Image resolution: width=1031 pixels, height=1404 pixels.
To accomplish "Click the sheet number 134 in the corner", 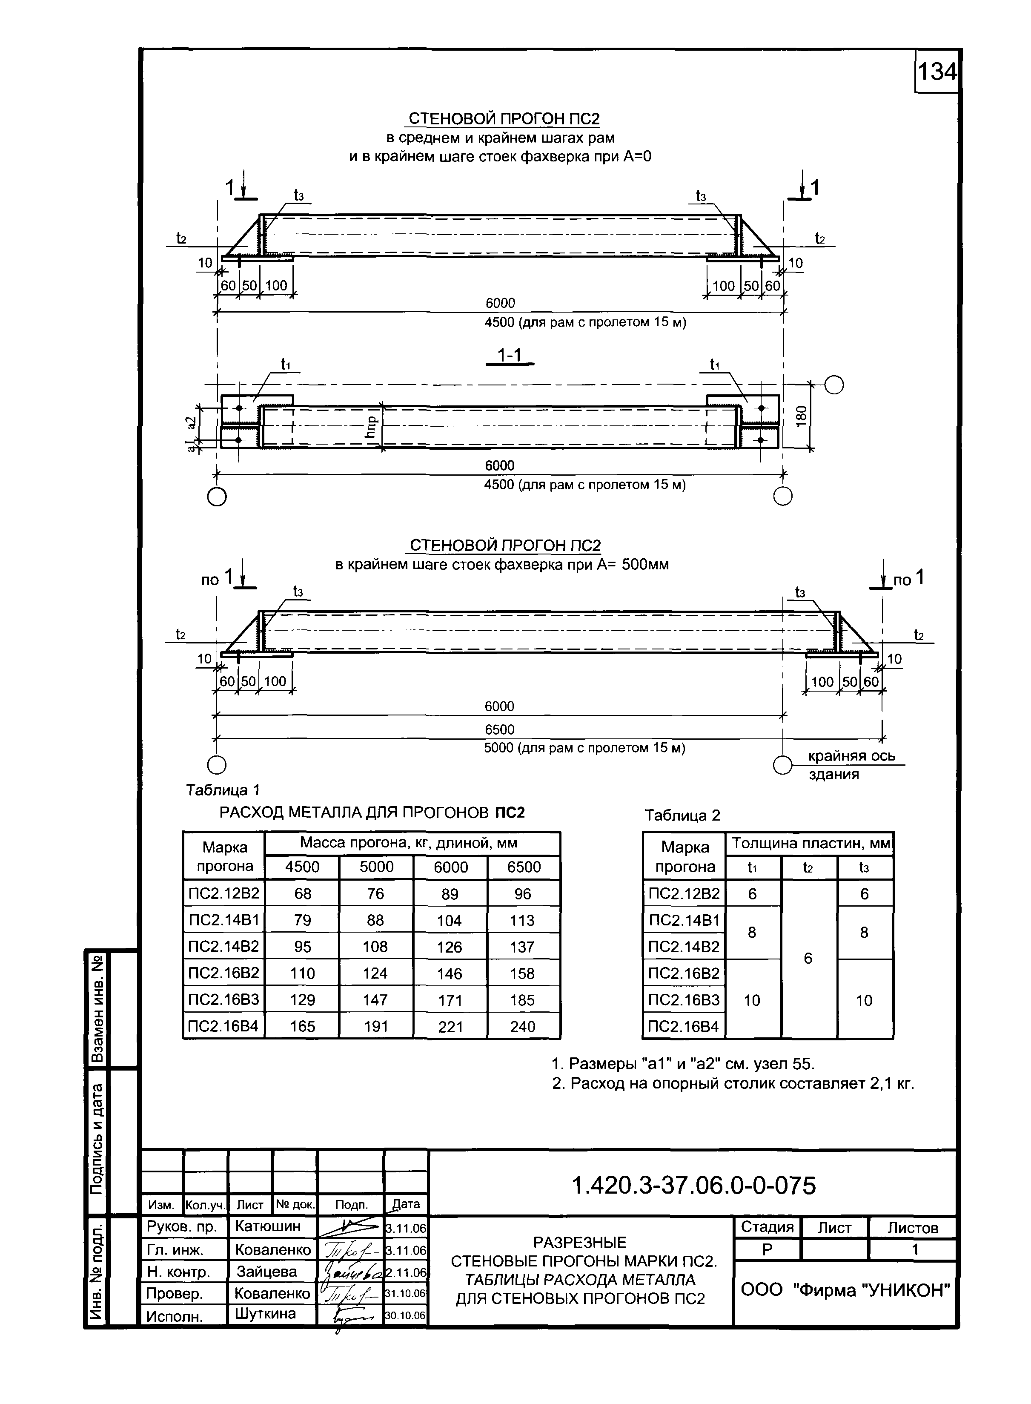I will tap(936, 72).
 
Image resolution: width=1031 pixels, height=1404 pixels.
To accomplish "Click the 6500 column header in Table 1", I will tap(523, 867).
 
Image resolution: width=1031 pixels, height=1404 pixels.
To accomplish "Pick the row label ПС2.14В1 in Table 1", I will tap(223, 920).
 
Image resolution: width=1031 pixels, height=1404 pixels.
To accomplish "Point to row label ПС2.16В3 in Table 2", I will tap(684, 1000).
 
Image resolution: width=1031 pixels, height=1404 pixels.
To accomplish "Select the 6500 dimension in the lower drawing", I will tap(499, 729).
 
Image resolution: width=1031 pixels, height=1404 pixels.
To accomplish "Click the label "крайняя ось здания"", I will tap(851, 765).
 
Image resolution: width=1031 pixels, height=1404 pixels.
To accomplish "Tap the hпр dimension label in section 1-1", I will tap(372, 427).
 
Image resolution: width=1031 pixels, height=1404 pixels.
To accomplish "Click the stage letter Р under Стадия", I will tap(767, 1249).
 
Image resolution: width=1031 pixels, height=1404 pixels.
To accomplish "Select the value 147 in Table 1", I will tap(376, 1000).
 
